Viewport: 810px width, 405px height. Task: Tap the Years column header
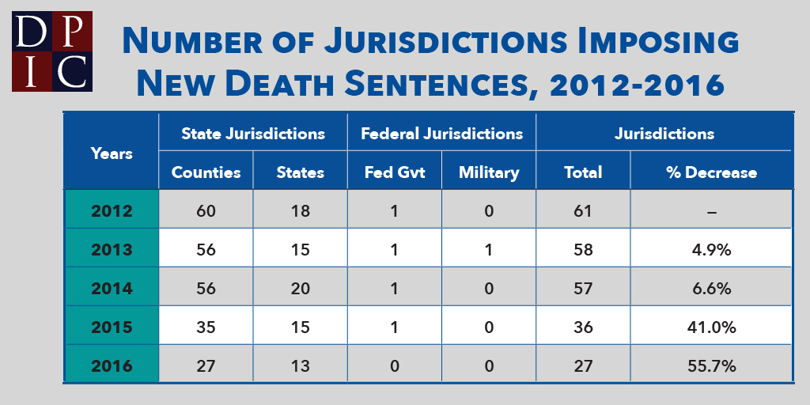112,153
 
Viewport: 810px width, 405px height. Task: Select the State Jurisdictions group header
253,133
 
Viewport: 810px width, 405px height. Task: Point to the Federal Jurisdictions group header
441,133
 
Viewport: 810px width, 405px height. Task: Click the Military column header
489,172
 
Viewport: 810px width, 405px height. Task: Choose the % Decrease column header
710,172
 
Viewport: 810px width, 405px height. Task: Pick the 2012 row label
112,211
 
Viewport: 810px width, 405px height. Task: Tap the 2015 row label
112,327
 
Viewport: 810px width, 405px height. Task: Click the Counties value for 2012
206,211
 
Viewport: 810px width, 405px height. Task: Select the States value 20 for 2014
300,289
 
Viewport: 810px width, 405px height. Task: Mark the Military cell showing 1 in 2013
489,250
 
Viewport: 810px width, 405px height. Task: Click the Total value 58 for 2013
583,250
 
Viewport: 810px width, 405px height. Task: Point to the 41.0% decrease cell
710,327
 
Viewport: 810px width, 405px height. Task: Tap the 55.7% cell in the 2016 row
710,365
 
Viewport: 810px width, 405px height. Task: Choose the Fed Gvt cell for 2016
394,365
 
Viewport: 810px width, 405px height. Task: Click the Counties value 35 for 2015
206,327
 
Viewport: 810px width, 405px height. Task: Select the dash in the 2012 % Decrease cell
710,211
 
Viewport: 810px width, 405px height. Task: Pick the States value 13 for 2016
300,365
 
